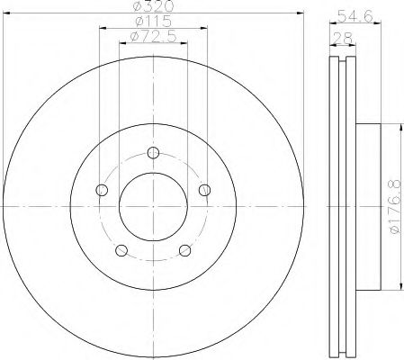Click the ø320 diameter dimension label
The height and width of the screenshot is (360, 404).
pos(152,7)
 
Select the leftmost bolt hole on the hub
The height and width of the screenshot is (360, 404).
pos(101,189)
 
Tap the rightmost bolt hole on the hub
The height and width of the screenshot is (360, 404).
pos(205,189)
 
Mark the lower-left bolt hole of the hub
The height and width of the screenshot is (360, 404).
pos(121,250)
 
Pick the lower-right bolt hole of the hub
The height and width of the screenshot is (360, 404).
pos(185,250)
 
